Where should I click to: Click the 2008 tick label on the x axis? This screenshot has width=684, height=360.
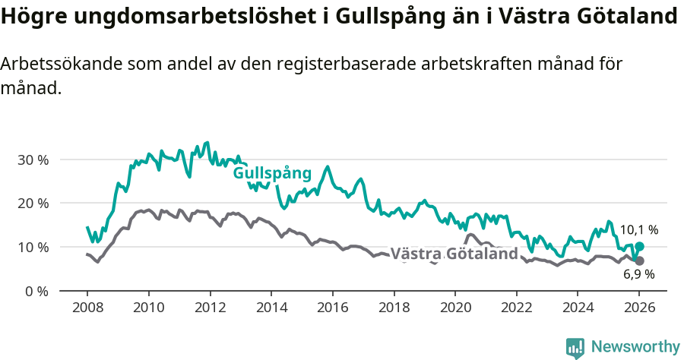[87, 308]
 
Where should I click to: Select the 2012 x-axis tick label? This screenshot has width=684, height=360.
[210, 308]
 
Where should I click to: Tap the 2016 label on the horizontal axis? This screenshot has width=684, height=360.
[332, 308]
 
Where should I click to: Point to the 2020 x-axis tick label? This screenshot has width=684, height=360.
[455, 308]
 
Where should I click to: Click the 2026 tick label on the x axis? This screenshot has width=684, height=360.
[639, 308]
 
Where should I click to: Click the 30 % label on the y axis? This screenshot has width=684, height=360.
[33, 160]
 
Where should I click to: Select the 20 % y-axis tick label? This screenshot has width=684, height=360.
[33, 204]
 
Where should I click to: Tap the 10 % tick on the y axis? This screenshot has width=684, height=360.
[33, 248]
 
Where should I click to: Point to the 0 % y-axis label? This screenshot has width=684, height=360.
[36, 291]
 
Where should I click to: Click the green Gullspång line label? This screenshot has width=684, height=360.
[272, 174]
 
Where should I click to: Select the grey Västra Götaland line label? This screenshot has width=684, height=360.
[454, 254]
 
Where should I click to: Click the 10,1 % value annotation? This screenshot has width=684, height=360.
[639, 229]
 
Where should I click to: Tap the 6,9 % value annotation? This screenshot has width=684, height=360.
[639, 274]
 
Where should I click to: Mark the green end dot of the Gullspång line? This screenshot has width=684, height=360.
[639, 247]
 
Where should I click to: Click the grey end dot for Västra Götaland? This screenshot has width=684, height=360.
[639, 261]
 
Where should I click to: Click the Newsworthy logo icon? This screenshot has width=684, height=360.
[575, 347]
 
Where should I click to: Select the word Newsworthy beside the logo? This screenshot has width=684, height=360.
[635, 347]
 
